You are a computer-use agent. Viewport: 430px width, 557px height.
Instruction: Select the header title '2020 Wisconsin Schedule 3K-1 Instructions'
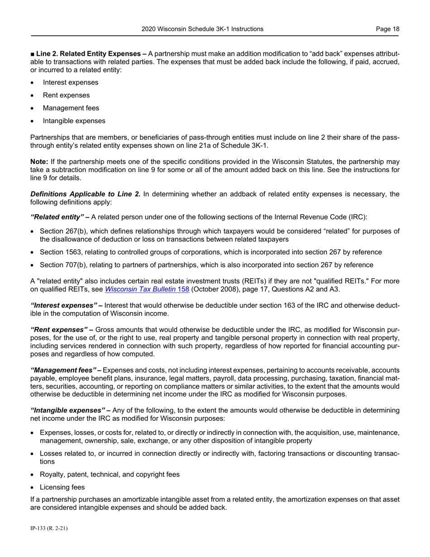tap(202, 29)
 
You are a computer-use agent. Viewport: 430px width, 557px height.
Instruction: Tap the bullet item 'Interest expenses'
tap(71, 82)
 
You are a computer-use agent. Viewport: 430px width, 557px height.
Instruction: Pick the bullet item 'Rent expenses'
tap(66, 95)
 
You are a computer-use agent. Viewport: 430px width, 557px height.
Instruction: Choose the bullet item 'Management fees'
tap(71, 108)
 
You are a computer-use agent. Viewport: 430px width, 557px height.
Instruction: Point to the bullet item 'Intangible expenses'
tap(74, 121)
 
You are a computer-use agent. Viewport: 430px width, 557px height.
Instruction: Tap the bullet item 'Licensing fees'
tap(62, 487)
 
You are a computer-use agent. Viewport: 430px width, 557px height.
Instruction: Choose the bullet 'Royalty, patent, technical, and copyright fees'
tap(110, 475)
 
